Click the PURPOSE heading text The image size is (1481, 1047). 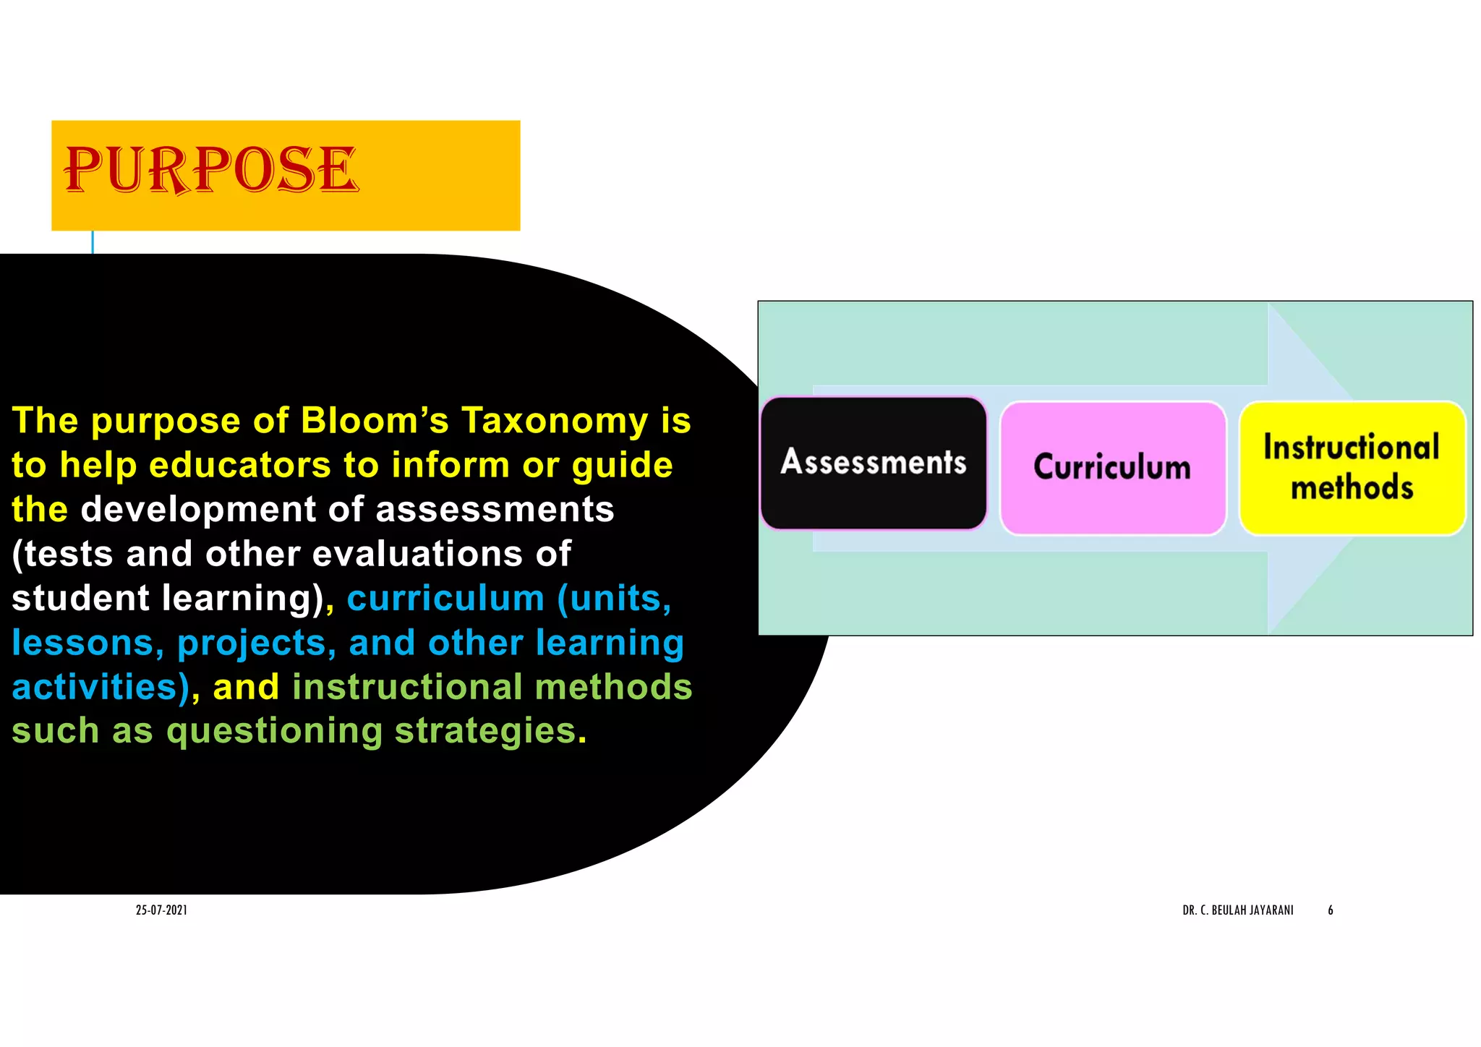(x=211, y=170)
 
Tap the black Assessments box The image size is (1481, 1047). (x=874, y=463)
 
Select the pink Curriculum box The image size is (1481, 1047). (x=1112, y=468)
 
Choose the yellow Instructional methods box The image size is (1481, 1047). (x=1352, y=468)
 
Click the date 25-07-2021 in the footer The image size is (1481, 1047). (x=161, y=910)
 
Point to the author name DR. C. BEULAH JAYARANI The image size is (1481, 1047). (x=1237, y=910)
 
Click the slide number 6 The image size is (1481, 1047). (x=1330, y=910)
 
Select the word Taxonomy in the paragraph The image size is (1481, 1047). (x=555, y=421)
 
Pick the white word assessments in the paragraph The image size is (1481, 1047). (x=495, y=510)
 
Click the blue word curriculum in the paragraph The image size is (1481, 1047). (x=445, y=599)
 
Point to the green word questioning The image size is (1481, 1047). (x=274, y=732)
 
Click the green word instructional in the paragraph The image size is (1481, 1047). (x=407, y=688)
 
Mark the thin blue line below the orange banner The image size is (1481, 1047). (x=93, y=242)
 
